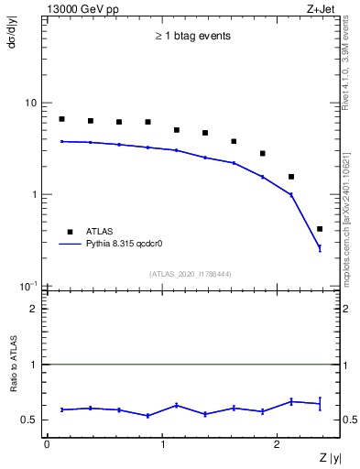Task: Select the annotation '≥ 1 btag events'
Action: (x=191, y=38)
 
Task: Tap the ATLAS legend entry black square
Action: (x=68, y=232)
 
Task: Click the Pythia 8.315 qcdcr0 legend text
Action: (x=128, y=245)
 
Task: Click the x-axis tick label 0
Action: (x=47, y=444)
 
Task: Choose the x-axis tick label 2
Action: (x=278, y=444)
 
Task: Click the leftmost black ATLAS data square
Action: (x=61, y=119)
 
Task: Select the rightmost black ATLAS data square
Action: (x=320, y=229)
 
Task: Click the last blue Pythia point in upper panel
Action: (x=320, y=248)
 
